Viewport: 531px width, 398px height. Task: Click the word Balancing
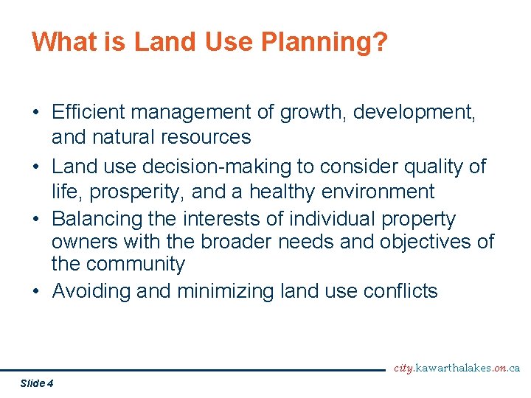(102, 219)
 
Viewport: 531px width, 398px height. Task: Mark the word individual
(338, 219)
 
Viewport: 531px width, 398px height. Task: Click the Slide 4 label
(37, 383)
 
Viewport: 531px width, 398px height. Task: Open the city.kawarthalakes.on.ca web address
(457, 368)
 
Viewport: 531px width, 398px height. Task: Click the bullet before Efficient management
(36, 114)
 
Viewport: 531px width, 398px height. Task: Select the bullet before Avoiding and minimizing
(36, 292)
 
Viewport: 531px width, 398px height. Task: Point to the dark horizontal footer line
(192, 370)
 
